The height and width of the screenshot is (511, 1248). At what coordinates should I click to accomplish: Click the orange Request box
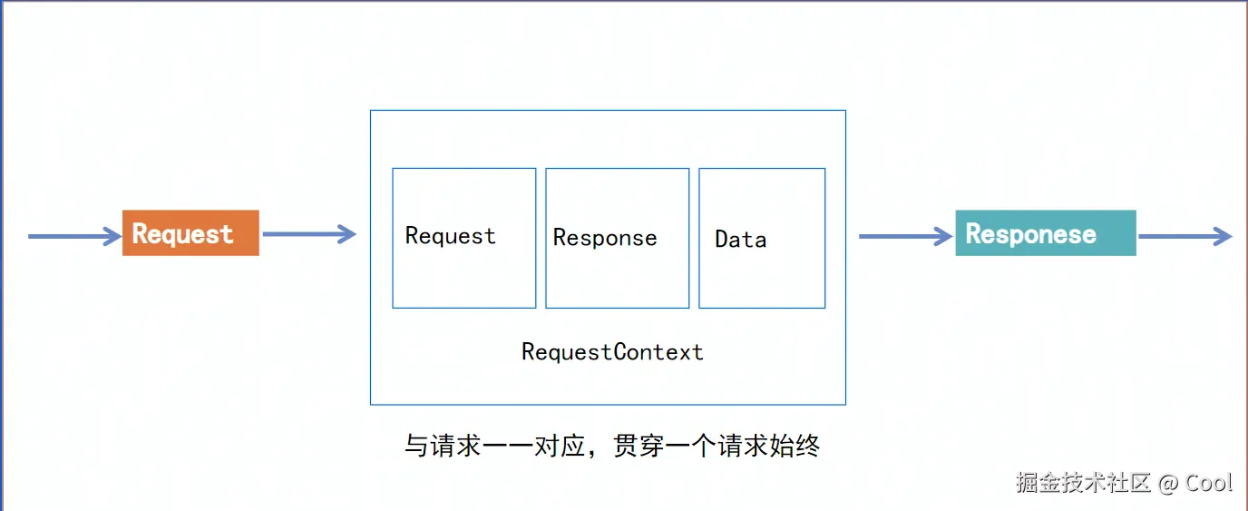tap(190, 233)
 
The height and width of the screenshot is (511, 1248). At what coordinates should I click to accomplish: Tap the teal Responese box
tap(1045, 233)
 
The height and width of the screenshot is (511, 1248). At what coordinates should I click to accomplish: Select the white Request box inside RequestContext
tap(463, 238)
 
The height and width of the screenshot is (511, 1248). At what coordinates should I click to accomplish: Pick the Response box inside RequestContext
tap(617, 238)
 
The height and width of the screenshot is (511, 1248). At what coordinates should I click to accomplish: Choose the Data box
tap(762, 238)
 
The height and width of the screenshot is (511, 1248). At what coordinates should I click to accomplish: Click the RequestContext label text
tap(612, 352)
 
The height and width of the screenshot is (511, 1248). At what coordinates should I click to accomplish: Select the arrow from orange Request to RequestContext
tap(308, 235)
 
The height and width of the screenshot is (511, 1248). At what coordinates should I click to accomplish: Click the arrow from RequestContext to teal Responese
tap(905, 237)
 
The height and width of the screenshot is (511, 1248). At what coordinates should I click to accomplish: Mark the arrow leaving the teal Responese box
tap(1185, 237)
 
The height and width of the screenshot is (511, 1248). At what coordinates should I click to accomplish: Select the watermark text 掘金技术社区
tap(1083, 482)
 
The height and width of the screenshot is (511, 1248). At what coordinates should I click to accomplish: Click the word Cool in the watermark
tap(1209, 482)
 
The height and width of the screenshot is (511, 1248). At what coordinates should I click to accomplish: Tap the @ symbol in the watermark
tap(1169, 483)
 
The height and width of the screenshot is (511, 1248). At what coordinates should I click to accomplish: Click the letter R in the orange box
tap(141, 234)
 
